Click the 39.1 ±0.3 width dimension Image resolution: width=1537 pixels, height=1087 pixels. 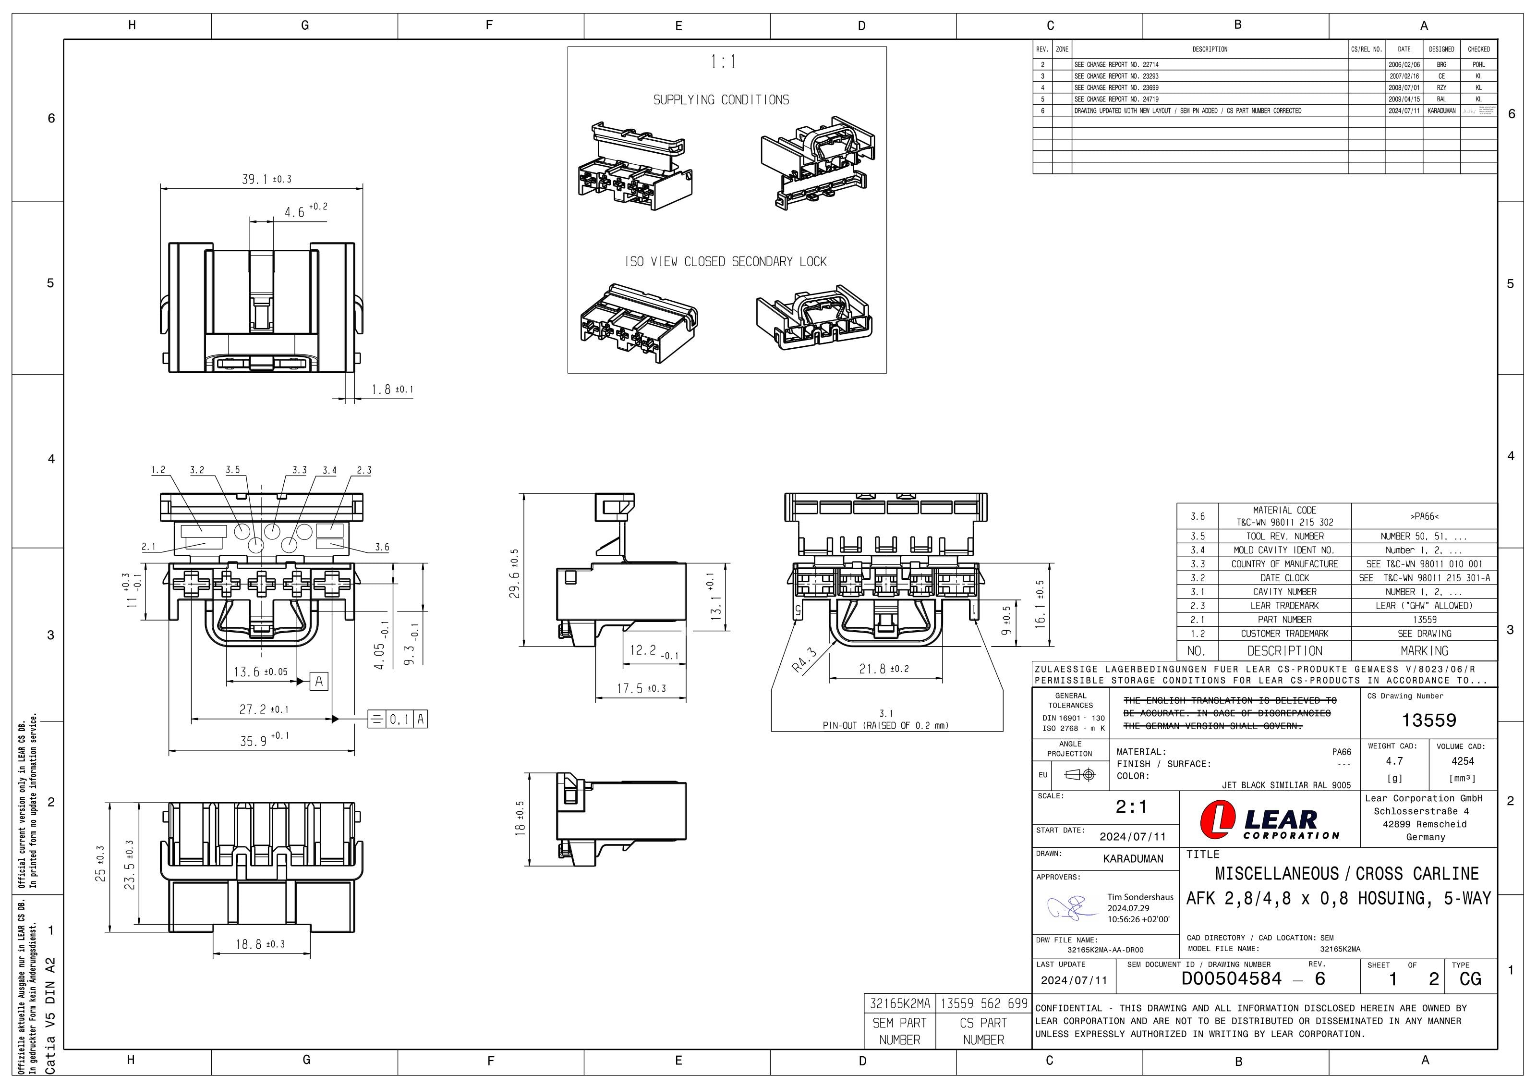(266, 180)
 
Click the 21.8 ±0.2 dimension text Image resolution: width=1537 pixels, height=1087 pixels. (883, 669)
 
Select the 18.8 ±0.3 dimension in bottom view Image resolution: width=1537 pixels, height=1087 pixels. (260, 944)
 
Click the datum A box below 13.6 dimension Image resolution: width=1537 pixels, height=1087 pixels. (319, 682)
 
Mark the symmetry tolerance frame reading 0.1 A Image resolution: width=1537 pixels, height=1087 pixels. (398, 720)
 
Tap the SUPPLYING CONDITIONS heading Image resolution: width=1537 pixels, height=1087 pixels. (721, 100)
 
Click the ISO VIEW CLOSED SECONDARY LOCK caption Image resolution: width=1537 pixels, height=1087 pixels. (726, 262)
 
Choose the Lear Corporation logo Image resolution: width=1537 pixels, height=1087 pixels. (1269, 821)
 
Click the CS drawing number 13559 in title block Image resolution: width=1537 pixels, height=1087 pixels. (1428, 720)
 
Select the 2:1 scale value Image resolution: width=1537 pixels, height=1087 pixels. (1131, 807)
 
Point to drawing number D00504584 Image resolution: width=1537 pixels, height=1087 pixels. (1231, 978)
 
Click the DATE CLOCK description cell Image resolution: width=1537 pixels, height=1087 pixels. (1284, 578)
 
